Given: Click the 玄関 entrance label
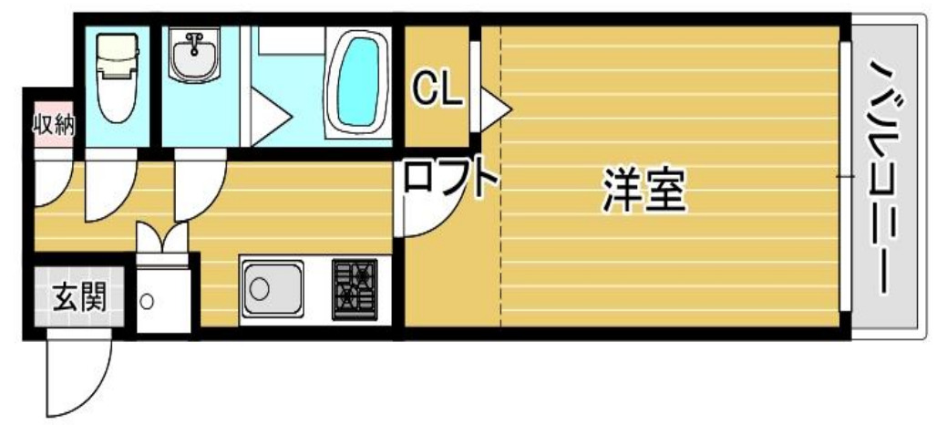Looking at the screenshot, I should point(77,296).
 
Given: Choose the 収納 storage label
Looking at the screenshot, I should point(54,125).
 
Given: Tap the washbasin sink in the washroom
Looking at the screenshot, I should point(193,57).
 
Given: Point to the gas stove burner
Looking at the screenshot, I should point(354,285).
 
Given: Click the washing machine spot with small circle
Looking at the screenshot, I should point(147,300).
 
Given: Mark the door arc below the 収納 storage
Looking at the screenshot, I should point(50,183).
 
